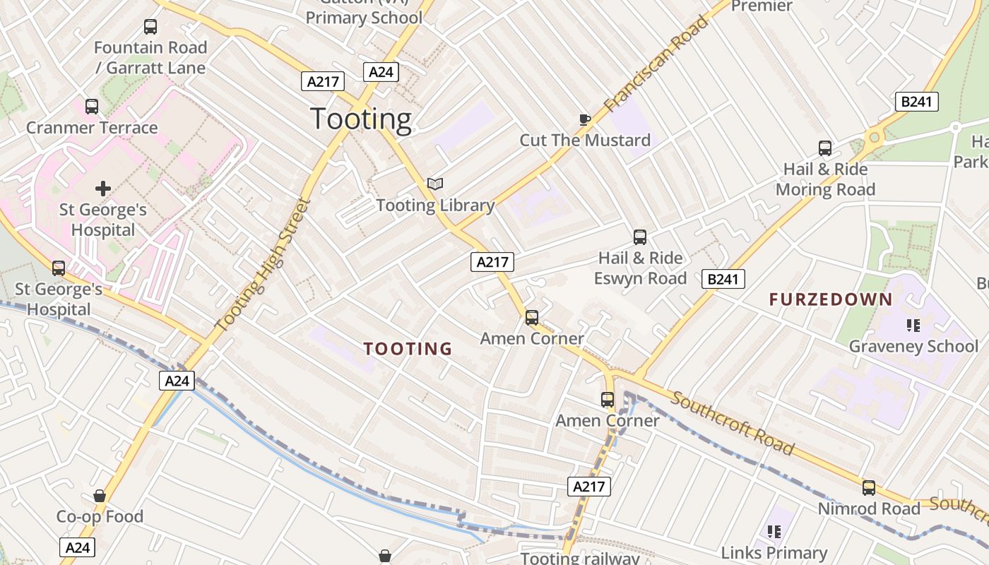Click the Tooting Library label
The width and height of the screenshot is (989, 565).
(435, 206)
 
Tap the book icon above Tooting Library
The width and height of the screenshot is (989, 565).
(435, 184)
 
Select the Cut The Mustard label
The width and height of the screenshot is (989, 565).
(585, 140)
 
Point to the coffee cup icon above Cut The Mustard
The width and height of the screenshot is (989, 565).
(584, 119)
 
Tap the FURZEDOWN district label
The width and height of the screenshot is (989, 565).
(831, 299)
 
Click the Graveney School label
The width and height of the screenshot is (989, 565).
(913, 346)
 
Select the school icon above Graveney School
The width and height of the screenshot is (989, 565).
(913, 326)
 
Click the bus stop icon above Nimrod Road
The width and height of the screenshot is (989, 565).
(869, 488)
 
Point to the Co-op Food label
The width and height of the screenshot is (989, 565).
(100, 516)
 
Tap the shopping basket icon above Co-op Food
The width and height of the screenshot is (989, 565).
(100, 496)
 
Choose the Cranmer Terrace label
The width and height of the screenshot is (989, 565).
(92, 128)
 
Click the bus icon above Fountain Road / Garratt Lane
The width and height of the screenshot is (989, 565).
(150, 27)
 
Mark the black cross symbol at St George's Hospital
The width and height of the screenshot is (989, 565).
(103, 189)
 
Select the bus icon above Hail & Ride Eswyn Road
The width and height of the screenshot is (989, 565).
(640, 237)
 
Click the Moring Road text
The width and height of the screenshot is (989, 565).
(825, 189)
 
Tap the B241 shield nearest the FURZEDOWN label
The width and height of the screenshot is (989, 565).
(723, 279)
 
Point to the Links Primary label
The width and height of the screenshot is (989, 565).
(774, 552)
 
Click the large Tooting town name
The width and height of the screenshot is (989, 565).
(361, 119)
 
